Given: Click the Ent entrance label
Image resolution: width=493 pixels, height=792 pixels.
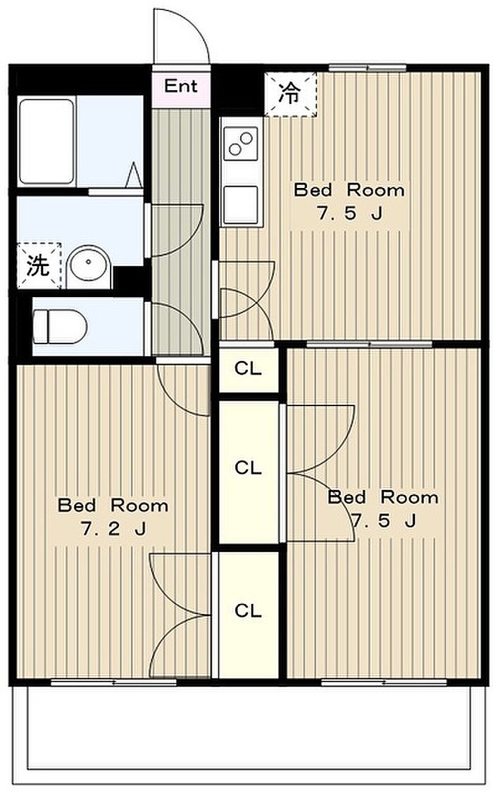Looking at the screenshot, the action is pyautogui.click(x=180, y=86).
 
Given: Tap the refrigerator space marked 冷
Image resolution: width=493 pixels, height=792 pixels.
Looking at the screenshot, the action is pyautogui.click(x=290, y=94).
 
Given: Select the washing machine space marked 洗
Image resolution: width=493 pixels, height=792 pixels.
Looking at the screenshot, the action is pyautogui.click(x=39, y=265).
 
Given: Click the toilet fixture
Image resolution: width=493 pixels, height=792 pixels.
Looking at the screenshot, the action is pyautogui.click(x=59, y=327).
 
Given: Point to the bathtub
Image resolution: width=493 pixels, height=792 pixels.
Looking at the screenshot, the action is pyautogui.click(x=46, y=142).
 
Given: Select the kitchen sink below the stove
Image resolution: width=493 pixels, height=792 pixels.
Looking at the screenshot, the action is pyautogui.click(x=240, y=204).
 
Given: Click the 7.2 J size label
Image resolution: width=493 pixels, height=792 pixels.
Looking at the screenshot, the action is pyautogui.click(x=113, y=529).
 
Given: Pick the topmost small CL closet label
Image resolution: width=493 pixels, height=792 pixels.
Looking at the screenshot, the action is pyautogui.click(x=248, y=369).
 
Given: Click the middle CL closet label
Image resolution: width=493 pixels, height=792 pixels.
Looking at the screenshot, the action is pyautogui.click(x=248, y=467).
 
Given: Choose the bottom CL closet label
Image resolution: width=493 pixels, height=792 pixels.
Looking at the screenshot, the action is pyautogui.click(x=248, y=611).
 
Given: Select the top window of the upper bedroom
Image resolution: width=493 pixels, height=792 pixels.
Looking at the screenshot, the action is pyautogui.click(x=368, y=68).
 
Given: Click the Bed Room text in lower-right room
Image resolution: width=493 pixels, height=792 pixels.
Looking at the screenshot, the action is pyautogui.click(x=383, y=497).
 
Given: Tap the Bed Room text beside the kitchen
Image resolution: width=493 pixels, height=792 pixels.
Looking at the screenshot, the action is pyautogui.click(x=349, y=190).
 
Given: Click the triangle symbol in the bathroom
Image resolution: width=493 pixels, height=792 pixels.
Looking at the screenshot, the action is pyautogui.click(x=134, y=175).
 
